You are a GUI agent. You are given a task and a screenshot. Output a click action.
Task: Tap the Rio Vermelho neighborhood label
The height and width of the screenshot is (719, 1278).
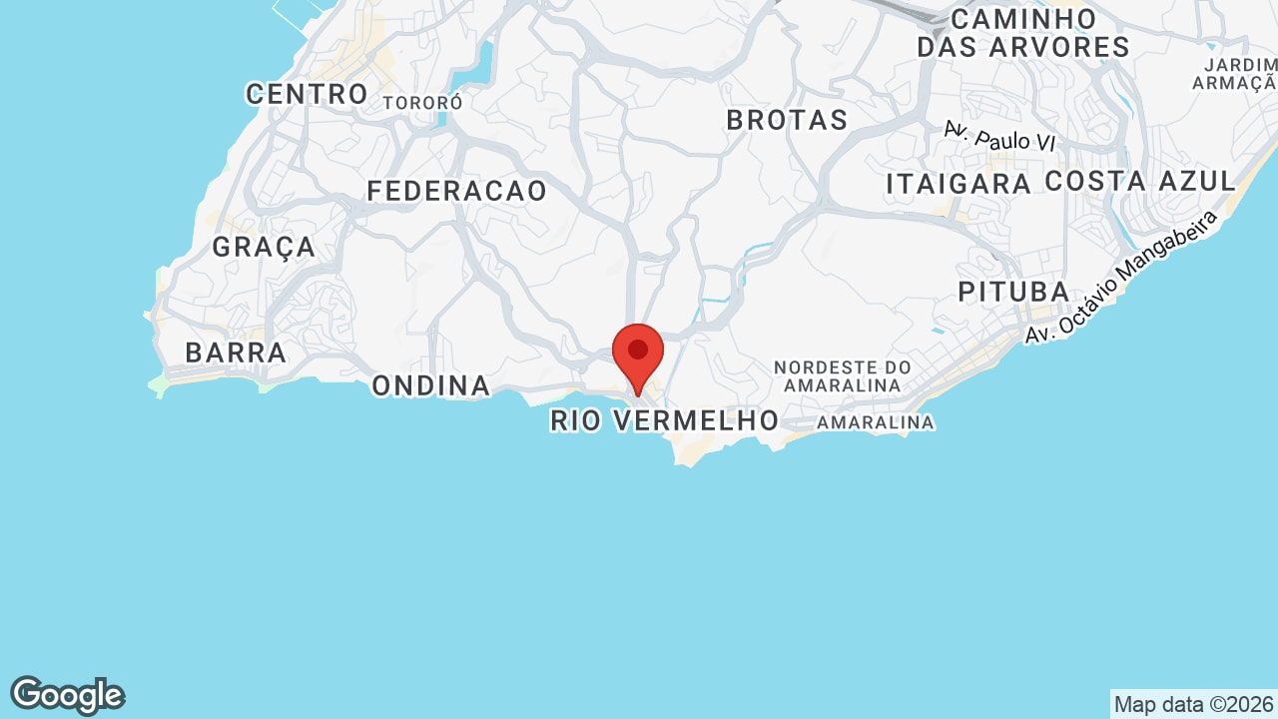[664, 420]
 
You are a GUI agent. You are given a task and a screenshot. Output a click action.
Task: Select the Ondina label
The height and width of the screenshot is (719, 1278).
[431, 385]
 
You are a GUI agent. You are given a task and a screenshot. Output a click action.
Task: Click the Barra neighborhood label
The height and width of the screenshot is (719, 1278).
[237, 354]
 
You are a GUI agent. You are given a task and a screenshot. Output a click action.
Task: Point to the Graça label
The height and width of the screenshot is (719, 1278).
[264, 247]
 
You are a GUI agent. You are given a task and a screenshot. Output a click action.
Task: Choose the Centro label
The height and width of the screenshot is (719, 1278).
[308, 95]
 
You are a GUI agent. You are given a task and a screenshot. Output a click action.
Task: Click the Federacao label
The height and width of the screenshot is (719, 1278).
[457, 191]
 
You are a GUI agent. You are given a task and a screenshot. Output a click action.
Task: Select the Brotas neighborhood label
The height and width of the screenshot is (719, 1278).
[787, 120]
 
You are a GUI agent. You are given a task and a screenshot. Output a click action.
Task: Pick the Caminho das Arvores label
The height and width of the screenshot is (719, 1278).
[1023, 33]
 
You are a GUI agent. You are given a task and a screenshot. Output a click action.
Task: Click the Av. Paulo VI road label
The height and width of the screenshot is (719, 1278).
[999, 137]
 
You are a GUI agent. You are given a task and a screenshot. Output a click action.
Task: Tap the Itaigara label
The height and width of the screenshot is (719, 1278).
[958, 184]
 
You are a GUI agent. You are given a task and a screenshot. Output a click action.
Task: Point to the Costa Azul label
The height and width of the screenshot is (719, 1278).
[1140, 182]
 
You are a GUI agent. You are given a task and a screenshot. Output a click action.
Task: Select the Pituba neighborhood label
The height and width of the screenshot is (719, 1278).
[1013, 292]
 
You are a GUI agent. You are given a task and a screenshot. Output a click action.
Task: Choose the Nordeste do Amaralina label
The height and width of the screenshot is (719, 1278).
[843, 376]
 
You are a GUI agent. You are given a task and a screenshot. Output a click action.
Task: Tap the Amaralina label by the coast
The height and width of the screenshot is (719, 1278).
[876, 422]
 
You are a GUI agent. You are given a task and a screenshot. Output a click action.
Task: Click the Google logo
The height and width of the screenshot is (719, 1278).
[68, 695]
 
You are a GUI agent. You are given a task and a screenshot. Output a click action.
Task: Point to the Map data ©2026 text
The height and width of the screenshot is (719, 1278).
[1193, 704]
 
